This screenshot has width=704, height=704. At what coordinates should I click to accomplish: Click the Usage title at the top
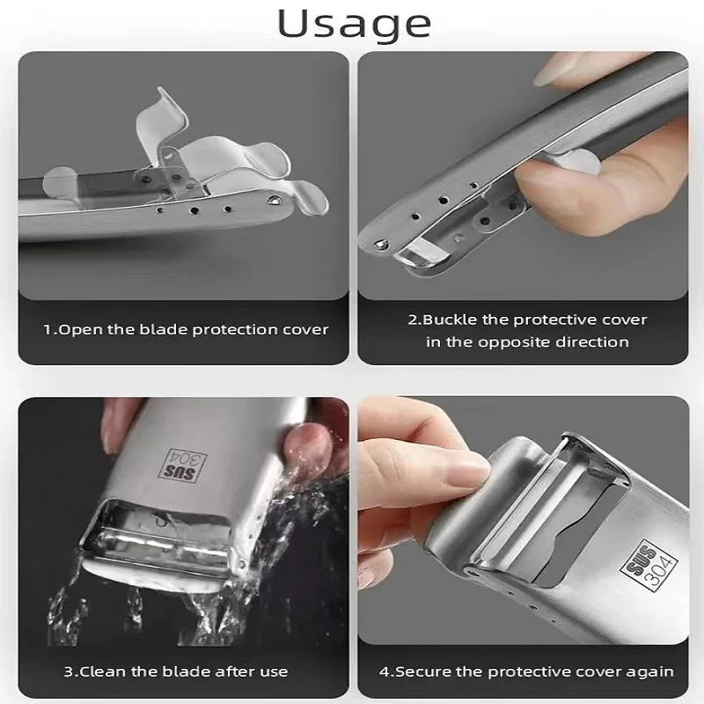click(x=354, y=23)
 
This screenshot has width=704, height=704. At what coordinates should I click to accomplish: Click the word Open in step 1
click(x=77, y=330)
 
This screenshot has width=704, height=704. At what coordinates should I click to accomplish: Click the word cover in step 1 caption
click(x=304, y=330)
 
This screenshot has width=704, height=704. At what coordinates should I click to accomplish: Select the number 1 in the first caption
click(x=48, y=330)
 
